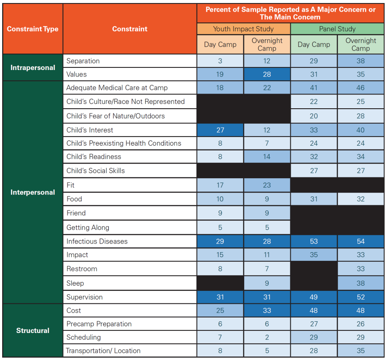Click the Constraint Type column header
pyautogui.click(x=33, y=29)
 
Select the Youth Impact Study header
pyautogui.click(x=243, y=29)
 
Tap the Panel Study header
pyautogui.click(x=337, y=29)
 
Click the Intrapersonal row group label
pyautogui.click(x=33, y=67)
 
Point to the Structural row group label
pyautogui.click(x=33, y=330)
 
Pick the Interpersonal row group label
pyautogui.click(x=33, y=192)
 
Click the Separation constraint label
pyautogui.click(x=83, y=61)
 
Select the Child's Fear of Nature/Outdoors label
pyautogui.click(x=116, y=116)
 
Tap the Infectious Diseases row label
pyautogui.click(x=97, y=241)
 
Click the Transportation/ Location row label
pyautogui.click(x=103, y=351)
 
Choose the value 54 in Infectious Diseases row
pyautogui.click(x=361, y=241)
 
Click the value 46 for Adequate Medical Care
pyautogui.click(x=361, y=88)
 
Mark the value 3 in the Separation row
pyautogui.click(x=220, y=61)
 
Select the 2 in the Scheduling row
pyautogui.click(x=267, y=337)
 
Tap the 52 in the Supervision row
pyautogui.click(x=361, y=297)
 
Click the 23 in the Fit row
pyautogui.click(x=267, y=185)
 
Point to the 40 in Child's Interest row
pyautogui.click(x=361, y=130)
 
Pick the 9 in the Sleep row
pyautogui.click(x=267, y=283)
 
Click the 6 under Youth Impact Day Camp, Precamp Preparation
pyautogui.click(x=220, y=324)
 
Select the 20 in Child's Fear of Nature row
pyautogui.click(x=314, y=116)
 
